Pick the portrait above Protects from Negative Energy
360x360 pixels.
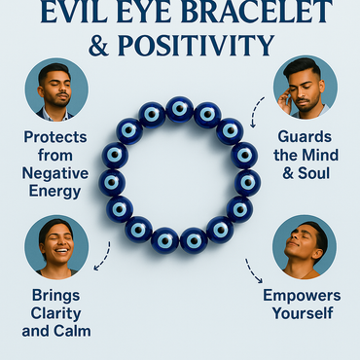(x=56, y=89)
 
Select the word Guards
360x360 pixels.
(x=302, y=138)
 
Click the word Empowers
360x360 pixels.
(x=301, y=294)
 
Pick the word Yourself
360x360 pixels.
(x=301, y=313)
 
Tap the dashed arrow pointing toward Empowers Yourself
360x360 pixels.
(x=254, y=270)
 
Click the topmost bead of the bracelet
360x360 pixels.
(x=179, y=108)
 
